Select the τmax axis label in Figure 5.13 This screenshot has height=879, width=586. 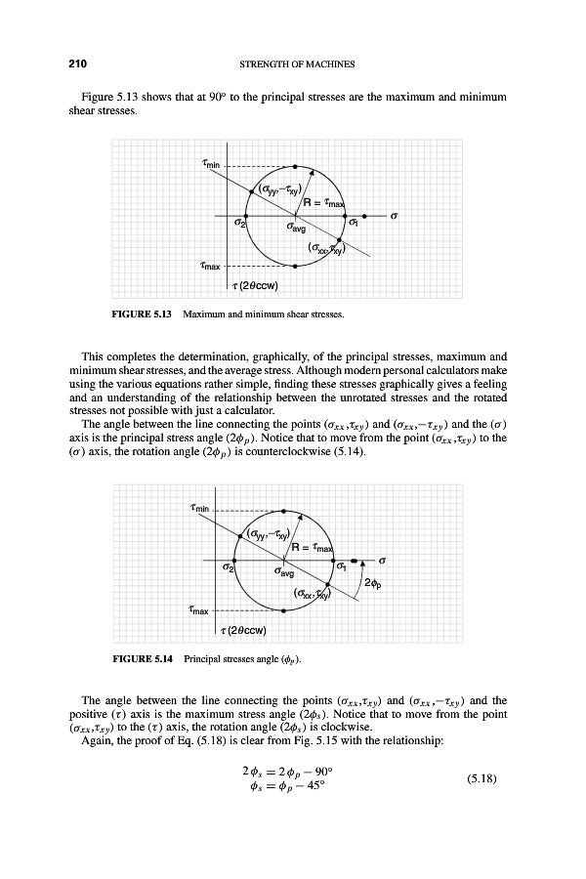[212, 266]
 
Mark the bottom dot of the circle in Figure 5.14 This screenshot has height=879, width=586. [283, 611]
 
